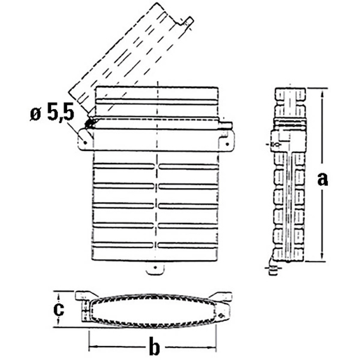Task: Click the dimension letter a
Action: click(x=322, y=180)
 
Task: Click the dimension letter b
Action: click(x=154, y=347)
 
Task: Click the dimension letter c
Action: click(x=59, y=309)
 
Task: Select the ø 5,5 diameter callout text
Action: click(x=52, y=114)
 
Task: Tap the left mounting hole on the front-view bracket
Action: click(x=85, y=142)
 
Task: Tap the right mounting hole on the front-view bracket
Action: click(x=227, y=144)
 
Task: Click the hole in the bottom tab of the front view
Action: click(x=156, y=267)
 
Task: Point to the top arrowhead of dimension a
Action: click(x=322, y=92)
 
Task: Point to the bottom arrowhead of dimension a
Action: click(x=322, y=257)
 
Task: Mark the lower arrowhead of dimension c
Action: click(x=58, y=324)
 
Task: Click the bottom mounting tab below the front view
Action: click(x=155, y=269)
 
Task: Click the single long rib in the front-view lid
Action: click(x=156, y=101)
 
